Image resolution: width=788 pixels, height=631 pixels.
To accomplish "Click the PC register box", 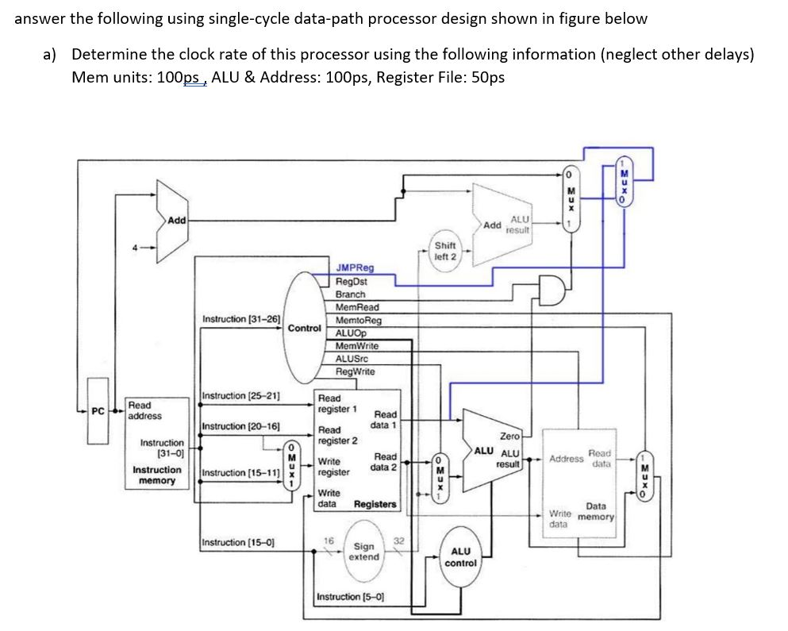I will (97, 411).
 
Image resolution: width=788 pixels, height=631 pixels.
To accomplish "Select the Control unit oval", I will (304, 327).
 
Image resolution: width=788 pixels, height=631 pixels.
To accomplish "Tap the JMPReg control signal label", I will (355, 268).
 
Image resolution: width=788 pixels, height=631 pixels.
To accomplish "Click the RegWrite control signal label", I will (355, 371).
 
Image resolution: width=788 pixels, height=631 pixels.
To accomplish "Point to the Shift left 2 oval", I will (445, 251).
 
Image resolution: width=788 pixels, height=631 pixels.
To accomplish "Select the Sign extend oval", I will (364, 552).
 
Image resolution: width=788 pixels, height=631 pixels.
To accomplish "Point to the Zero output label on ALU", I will (509, 436).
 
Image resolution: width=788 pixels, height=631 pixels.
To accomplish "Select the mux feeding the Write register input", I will (292, 467).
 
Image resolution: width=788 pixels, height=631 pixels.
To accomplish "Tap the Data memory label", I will (596, 511).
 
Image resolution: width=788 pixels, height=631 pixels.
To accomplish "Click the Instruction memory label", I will (156, 475).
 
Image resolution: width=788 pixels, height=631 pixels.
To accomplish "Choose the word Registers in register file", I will (375, 504).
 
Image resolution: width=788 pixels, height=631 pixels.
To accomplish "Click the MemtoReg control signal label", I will (358, 320).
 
